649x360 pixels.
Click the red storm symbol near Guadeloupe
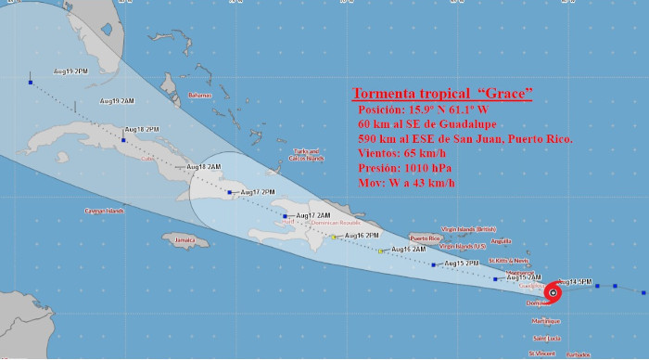tap(553, 292)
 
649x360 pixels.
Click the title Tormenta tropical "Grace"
tap(441, 94)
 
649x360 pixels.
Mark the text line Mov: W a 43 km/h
tap(406, 184)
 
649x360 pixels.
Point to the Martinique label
tap(546, 321)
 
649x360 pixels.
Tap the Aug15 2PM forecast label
tap(461, 264)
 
